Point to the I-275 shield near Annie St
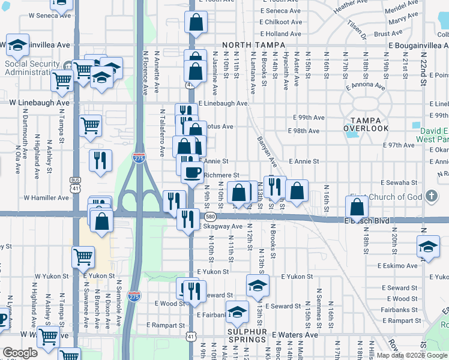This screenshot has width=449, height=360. (137, 158)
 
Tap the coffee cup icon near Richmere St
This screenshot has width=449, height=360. (192, 172)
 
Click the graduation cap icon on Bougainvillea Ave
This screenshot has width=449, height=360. (18, 44)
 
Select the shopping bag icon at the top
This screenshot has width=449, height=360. (196, 23)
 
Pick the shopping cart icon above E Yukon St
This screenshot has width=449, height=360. (83, 257)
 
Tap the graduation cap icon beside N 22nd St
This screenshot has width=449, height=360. (428, 247)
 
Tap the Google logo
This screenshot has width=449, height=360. (20, 353)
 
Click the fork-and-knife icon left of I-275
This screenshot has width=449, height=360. (100, 160)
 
